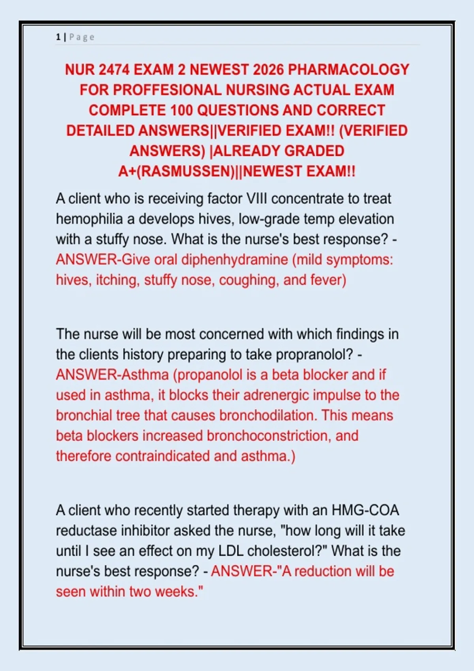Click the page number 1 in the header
pyautogui.click(x=58, y=37)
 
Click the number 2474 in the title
pyautogui.click(x=114, y=70)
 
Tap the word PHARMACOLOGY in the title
pyautogui.click(x=348, y=70)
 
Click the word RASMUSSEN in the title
pyautogui.click(x=186, y=172)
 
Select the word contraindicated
pyautogui.click(x=163, y=456)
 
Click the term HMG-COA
pyautogui.click(x=365, y=510)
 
